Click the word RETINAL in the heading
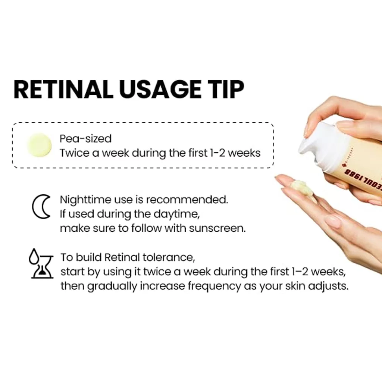[63, 89]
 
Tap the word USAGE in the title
[160, 89]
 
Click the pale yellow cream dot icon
[40, 145]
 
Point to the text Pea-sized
[85, 139]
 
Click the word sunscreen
[217, 228]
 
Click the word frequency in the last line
[214, 286]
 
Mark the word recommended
[187, 200]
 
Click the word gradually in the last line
[112, 286]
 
